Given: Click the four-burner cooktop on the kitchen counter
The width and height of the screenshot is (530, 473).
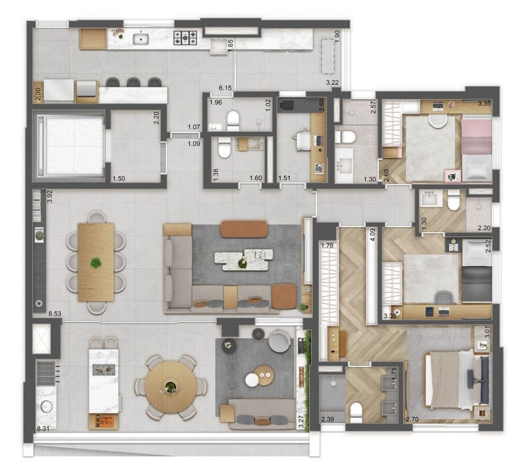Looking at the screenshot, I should coord(186,37).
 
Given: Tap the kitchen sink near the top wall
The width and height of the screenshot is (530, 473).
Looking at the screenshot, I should coord(141,38).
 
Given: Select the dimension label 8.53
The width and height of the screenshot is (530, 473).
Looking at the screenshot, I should coord(54,314).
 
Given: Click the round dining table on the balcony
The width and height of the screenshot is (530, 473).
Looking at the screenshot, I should coord(170,387).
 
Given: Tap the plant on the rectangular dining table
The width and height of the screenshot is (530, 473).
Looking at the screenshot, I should coord(96,262).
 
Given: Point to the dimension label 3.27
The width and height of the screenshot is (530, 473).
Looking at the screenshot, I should coord(301,422).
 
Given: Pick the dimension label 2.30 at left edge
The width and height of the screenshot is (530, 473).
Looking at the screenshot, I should coord(37,94).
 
